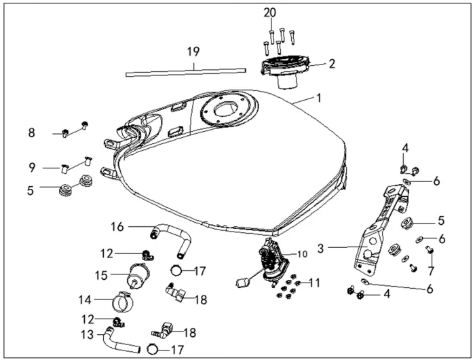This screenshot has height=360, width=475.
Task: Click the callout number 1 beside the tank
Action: (318, 98)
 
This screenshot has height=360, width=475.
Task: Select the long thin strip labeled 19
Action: (185, 69)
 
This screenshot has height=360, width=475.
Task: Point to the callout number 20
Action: (271, 13)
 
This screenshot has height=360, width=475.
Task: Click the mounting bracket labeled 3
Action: (380, 224)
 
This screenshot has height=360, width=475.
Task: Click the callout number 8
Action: (32, 132)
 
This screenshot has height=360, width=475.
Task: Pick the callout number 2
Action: (332, 65)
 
